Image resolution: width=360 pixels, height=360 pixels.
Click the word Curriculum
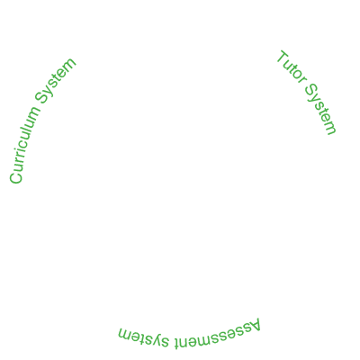pyautogui.click(x=24, y=144)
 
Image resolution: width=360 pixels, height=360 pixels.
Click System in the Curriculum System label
pyautogui.click(x=55, y=80)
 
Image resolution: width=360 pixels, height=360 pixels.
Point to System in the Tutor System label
pyautogui.click(x=320, y=109)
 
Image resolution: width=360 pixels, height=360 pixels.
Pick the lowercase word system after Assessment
pyautogui.click(x=144, y=338)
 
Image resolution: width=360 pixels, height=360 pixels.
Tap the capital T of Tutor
pyautogui.click(x=283, y=58)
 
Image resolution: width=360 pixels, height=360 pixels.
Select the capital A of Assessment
pyautogui.click(x=254, y=326)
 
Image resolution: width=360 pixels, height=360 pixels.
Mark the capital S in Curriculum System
pyautogui.click(x=42, y=96)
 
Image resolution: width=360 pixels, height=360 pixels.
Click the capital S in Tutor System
pyautogui.click(x=312, y=91)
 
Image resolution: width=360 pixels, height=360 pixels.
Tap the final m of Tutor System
pyautogui.click(x=330, y=128)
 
